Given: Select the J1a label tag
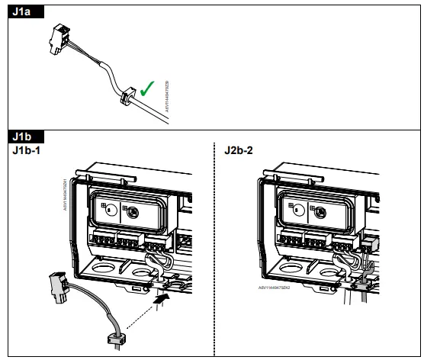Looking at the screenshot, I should [x=22, y=11].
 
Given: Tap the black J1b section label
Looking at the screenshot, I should [x=22, y=135].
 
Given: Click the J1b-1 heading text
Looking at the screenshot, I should [x=27, y=148].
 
